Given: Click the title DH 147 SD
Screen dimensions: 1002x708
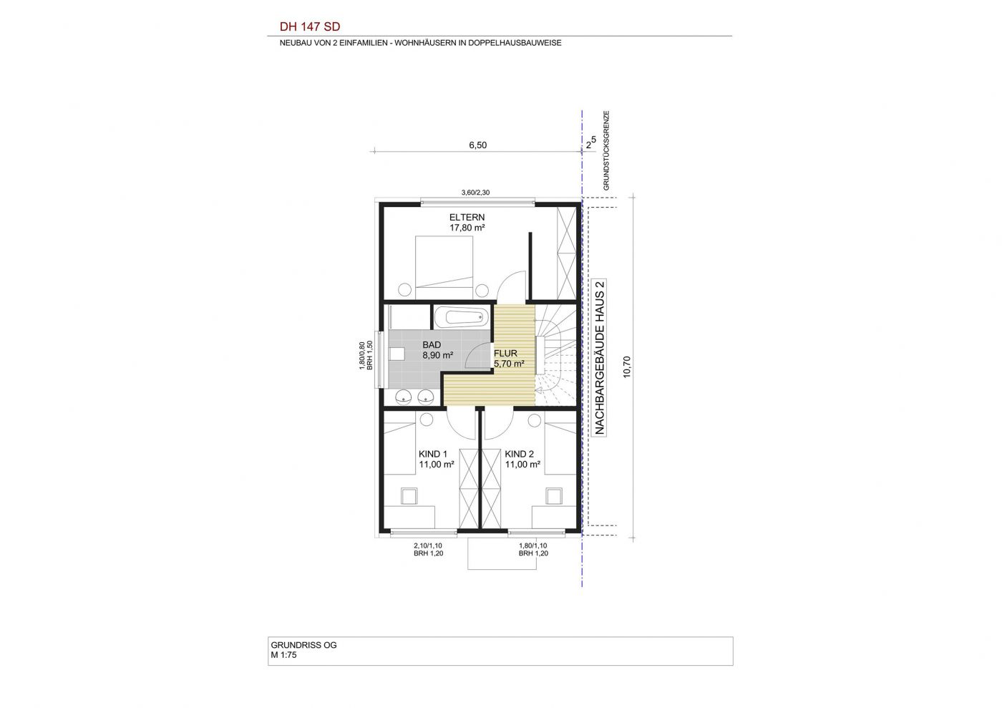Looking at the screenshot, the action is click(x=309, y=27).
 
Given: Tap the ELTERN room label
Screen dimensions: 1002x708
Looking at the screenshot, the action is click(x=467, y=218).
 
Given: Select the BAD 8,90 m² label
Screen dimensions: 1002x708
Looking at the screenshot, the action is click(x=438, y=350).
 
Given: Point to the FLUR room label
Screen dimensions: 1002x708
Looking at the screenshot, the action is click(x=505, y=354).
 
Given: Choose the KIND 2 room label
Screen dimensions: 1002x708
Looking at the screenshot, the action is click(x=520, y=455).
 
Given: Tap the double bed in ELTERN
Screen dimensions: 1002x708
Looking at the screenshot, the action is click(x=444, y=267).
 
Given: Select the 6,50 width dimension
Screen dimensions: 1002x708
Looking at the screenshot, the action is click(x=478, y=145).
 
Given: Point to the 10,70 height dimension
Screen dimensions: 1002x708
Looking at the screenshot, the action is click(x=627, y=367).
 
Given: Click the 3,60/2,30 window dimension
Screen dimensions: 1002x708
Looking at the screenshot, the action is click(x=475, y=193).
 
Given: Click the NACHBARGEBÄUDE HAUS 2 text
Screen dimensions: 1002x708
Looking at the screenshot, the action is click(x=600, y=357).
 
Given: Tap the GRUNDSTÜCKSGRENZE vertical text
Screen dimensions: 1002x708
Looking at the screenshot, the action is click(x=607, y=151).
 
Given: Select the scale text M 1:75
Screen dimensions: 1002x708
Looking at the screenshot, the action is click(x=283, y=655).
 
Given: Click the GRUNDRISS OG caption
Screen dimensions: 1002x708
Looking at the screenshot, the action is click(x=303, y=645).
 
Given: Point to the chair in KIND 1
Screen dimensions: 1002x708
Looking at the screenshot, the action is click(x=409, y=496).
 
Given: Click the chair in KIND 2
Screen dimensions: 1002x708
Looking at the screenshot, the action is click(x=554, y=496).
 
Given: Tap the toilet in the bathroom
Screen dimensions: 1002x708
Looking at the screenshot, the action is click(x=84, y=354).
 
